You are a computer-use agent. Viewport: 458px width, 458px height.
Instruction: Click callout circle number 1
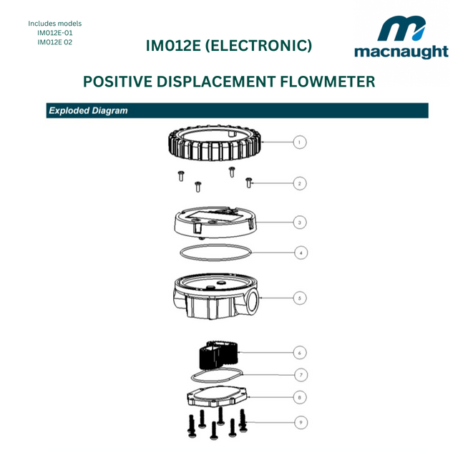tap(301, 142)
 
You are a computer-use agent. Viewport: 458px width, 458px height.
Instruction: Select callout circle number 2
tap(301, 183)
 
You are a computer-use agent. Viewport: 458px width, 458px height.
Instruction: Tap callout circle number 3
tap(301, 223)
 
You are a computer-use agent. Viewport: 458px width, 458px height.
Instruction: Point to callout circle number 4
tap(301, 253)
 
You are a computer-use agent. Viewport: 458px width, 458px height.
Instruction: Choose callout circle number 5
tap(301, 298)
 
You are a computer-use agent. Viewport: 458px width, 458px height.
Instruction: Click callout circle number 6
tap(301, 352)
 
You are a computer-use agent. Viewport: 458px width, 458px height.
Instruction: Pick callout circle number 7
tap(301, 374)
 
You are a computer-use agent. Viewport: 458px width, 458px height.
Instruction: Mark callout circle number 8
tap(301, 396)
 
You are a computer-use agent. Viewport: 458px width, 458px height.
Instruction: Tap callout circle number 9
tap(301, 422)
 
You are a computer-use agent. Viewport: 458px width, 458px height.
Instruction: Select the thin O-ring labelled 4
tap(215, 252)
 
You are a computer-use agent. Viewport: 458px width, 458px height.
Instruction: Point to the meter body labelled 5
tap(215, 296)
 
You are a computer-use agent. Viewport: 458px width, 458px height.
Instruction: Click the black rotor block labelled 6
tap(216, 354)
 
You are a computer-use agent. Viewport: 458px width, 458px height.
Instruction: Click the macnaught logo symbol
tap(401, 30)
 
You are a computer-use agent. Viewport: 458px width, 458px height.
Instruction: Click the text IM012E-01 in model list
tap(54, 33)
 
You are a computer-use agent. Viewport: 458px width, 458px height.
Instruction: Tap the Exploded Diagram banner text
tap(87, 111)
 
